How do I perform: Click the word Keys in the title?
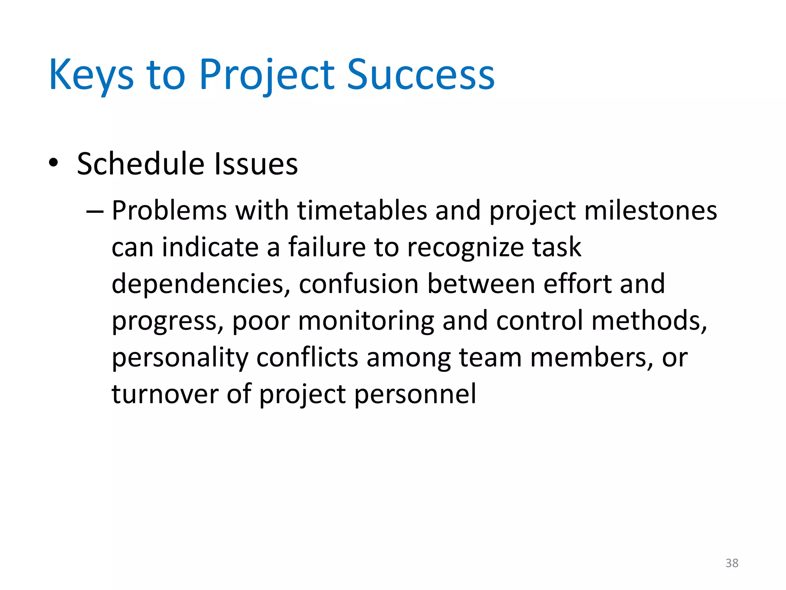pos(91,75)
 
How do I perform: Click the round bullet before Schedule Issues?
pos(53,163)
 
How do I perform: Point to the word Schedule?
pos(140,164)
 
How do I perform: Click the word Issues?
pos(256,164)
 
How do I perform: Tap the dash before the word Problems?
pos(95,211)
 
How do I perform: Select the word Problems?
pos(169,210)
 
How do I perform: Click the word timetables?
pos(362,210)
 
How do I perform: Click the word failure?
pos(327,247)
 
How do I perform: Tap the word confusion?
pos(358,284)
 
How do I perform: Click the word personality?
pos(180,358)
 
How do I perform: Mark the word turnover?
pos(165,394)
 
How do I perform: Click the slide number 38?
pos(732,563)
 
